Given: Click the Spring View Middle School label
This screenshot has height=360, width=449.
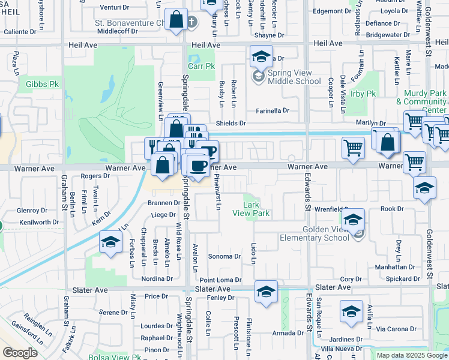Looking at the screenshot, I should [295, 77].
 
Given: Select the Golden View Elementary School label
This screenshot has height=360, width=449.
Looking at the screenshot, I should [315, 233].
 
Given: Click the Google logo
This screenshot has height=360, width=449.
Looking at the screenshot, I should [20, 353].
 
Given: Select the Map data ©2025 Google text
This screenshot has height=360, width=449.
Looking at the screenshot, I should [412, 355].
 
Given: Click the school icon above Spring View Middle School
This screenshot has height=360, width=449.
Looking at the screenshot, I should [261, 57].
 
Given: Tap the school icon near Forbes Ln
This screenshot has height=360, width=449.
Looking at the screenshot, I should [110, 242].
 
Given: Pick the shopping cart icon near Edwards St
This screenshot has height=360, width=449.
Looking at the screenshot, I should [354, 147].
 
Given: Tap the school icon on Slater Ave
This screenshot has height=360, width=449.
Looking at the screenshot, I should [266, 292].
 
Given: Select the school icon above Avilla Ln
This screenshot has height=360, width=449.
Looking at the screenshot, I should [351, 311].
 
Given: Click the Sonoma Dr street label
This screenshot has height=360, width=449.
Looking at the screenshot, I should [224, 256].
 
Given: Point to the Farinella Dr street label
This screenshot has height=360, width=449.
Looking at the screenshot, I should [273, 111].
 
